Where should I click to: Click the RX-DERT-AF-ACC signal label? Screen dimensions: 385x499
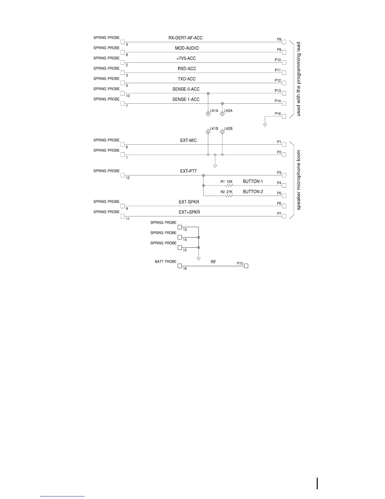point(185,38)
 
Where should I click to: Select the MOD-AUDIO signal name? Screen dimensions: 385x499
point(187,48)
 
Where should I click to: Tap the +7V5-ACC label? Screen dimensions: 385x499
point(186,58)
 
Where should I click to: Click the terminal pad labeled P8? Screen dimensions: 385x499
point(284,42)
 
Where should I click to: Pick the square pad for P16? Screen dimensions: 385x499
point(284,116)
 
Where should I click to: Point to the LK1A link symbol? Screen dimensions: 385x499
point(208,114)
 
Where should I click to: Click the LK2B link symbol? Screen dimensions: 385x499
point(222,132)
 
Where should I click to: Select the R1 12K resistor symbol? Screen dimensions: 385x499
point(229,186)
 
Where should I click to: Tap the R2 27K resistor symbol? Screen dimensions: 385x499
point(229,196)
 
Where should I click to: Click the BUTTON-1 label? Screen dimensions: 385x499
point(253,181)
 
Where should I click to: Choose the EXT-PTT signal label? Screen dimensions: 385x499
point(188,171)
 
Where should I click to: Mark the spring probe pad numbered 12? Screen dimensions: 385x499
point(123,175)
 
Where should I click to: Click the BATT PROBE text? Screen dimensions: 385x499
point(165,262)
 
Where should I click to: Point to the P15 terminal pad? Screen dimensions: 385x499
point(246,266)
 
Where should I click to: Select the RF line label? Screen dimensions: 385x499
point(213,262)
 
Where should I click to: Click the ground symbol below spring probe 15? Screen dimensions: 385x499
point(198,259)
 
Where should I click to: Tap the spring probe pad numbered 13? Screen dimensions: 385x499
point(180,227)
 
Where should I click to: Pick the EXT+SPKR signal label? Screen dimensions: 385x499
point(189,212)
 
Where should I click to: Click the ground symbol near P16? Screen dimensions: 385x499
point(265,125)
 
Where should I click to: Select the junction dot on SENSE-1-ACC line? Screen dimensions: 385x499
point(222,103)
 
